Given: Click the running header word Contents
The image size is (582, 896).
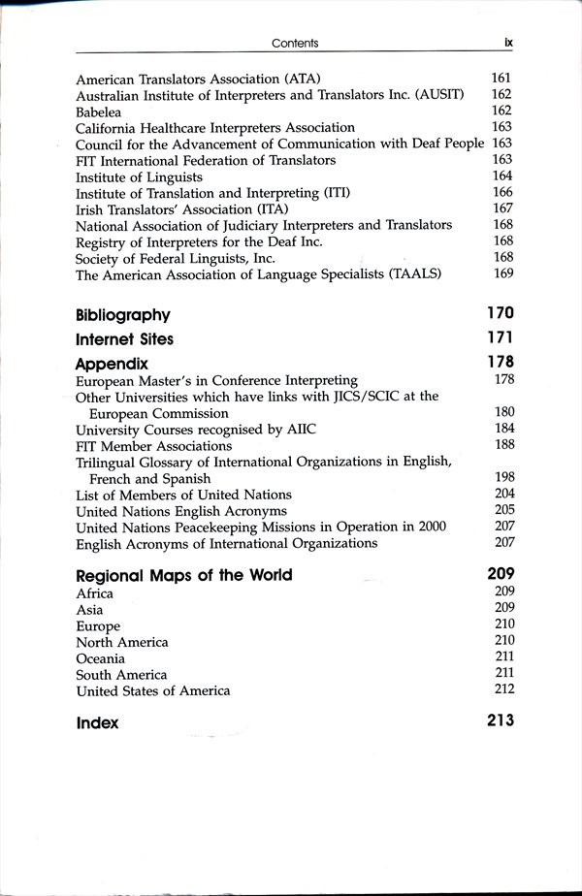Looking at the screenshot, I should coord(295,43).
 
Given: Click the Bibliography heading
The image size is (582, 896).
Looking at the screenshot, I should coord(122,314).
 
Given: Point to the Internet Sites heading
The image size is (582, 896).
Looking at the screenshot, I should coord(124,339).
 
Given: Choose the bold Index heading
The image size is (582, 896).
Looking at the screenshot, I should coord(97,722).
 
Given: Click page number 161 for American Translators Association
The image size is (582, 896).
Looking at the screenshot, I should coord(501,78).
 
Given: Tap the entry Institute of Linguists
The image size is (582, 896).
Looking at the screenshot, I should coord(139,176).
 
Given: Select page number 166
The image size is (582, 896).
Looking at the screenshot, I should coord(501,193).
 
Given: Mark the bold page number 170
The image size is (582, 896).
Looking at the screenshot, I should coord(500,313).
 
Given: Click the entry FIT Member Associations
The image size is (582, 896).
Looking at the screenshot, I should coord(153,446).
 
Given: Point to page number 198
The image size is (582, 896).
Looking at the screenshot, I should coord(502,478).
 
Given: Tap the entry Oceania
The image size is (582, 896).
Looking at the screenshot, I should coord(100,658).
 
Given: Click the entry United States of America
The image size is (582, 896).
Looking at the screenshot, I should coord(152,691).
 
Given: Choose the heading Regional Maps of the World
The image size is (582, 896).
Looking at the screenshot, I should coord(183,575).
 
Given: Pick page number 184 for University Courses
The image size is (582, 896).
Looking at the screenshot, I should coord(502,429).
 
